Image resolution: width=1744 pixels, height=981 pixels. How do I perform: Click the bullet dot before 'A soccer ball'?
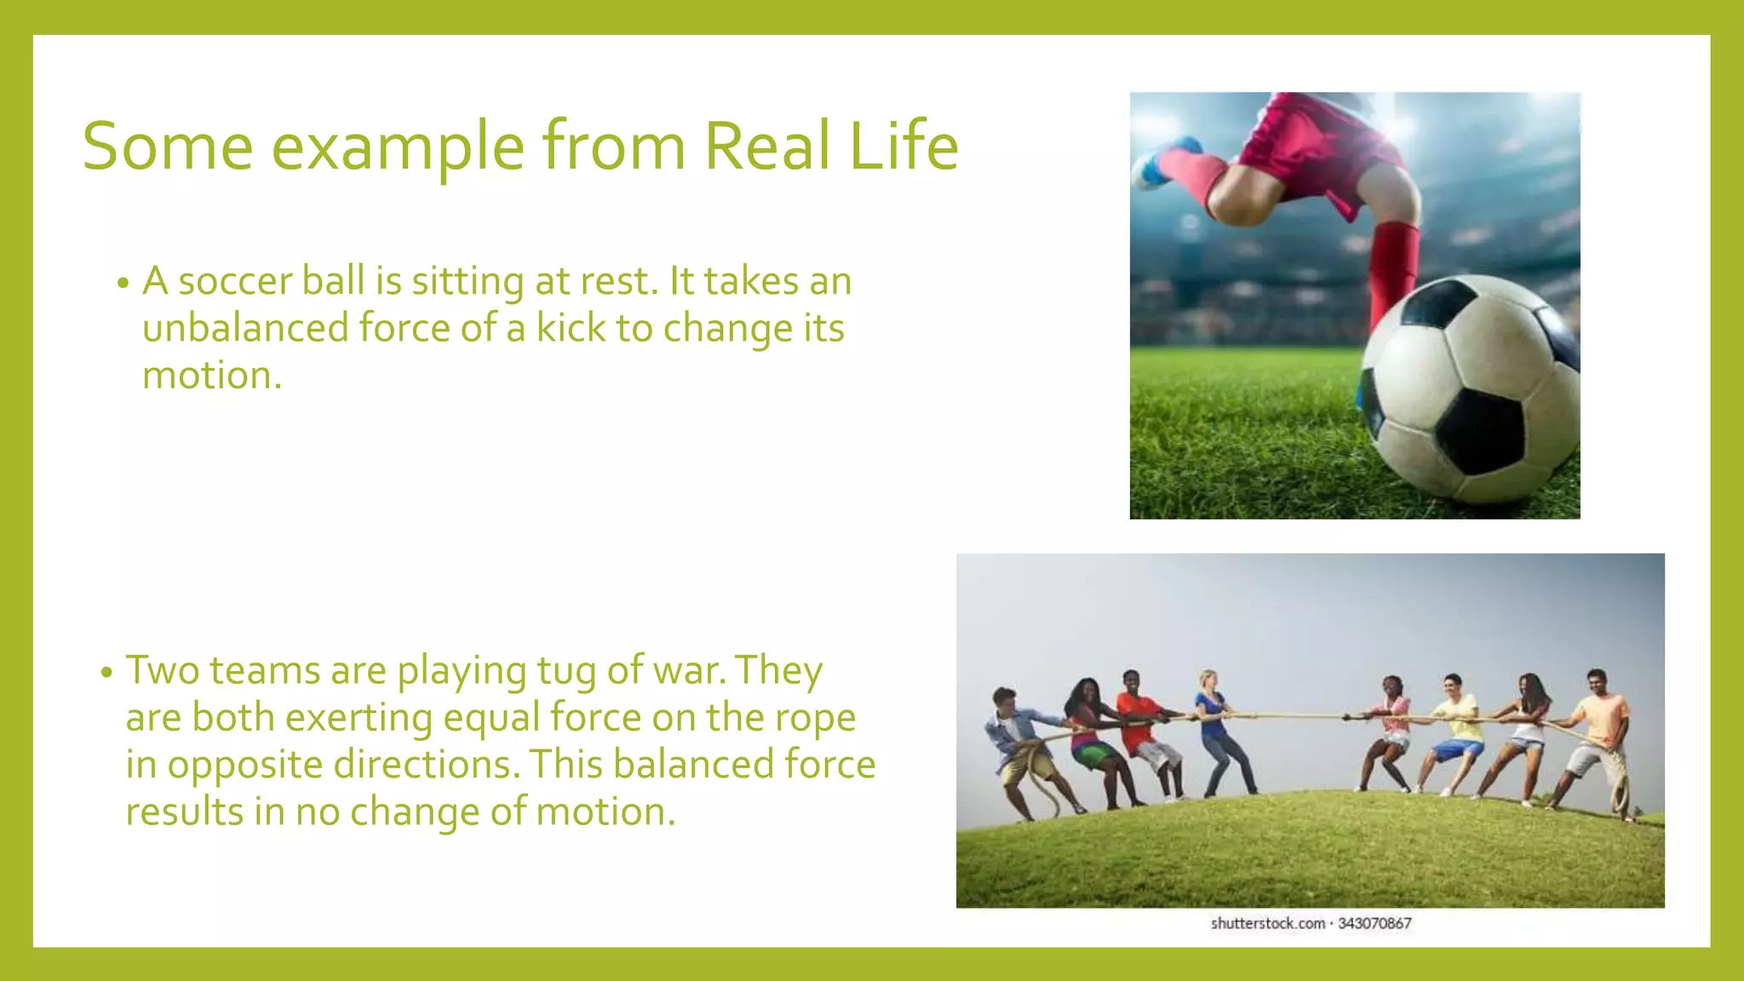[123, 284]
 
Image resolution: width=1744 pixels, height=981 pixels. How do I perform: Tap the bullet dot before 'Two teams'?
[106, 673]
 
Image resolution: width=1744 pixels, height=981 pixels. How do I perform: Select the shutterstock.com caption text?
[1268, 924]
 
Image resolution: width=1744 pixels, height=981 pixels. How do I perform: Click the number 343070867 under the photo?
[1374, 924]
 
